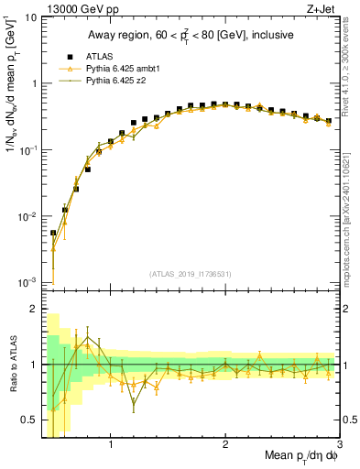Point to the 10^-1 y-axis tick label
[x=27, y=150]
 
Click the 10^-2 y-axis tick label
[x=27, y=217]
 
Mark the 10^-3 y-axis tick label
[x=27, y=283]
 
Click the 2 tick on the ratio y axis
[x=34, y=310]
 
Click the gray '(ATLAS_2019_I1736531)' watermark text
[x=191, y=274]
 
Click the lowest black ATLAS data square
[x=53, y=233]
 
